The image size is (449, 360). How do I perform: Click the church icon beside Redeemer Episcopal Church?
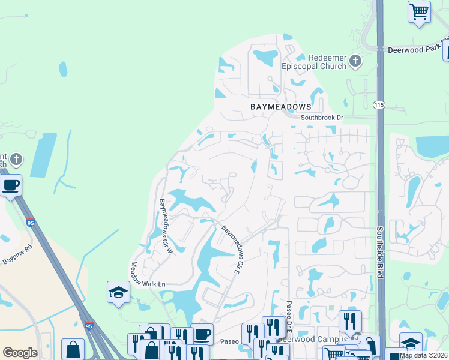click(356, 61)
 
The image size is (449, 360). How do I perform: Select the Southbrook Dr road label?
click(322, 118)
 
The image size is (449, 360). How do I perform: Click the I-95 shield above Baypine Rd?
click(31, 223)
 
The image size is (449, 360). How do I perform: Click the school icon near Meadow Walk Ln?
click(118, 292)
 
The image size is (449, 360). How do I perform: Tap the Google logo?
click(20, 353)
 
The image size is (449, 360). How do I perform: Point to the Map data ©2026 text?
click(423, 355)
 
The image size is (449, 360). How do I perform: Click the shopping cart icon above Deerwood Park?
click(419, 11)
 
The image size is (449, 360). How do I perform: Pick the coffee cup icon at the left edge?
click(11, 185)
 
